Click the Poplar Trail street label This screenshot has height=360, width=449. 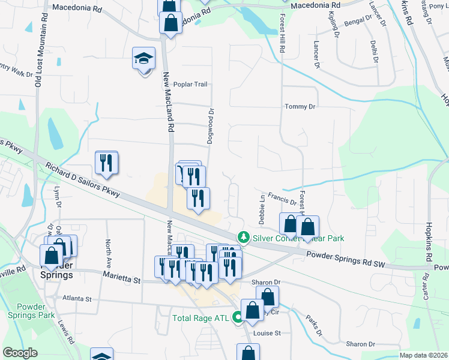[191, 85]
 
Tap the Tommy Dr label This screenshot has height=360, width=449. [300, 106]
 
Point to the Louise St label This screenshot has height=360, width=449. [267, 333]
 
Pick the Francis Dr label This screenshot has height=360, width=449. [282, 197]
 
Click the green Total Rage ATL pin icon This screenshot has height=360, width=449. [237, 318]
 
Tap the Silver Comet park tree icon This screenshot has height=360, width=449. [243, 238]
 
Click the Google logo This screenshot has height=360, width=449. [20, 353]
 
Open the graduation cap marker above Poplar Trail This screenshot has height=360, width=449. [144, 59]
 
